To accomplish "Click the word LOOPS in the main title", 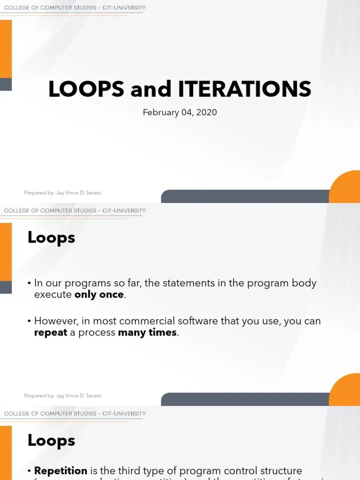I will coord(87,89).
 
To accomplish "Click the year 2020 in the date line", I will coord(207,112).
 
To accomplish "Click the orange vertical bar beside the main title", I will coord(6,49).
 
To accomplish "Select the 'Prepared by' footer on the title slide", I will coord(62,193).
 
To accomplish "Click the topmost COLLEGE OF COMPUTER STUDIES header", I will coord(75,8).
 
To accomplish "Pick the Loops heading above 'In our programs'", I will coord(51,238).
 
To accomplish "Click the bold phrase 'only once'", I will coord(99,295).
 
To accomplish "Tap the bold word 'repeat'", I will coord(51,333).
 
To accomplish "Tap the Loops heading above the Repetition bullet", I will coord(51,441).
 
